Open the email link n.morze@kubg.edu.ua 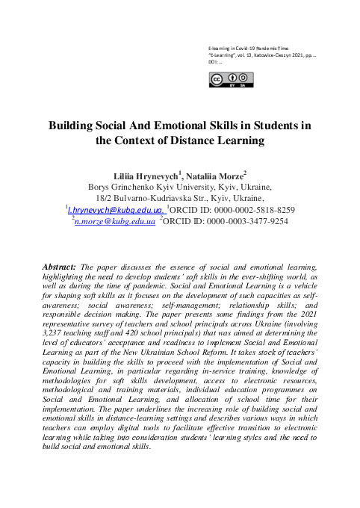click(115, 222)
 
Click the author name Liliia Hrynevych click(146, 175)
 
